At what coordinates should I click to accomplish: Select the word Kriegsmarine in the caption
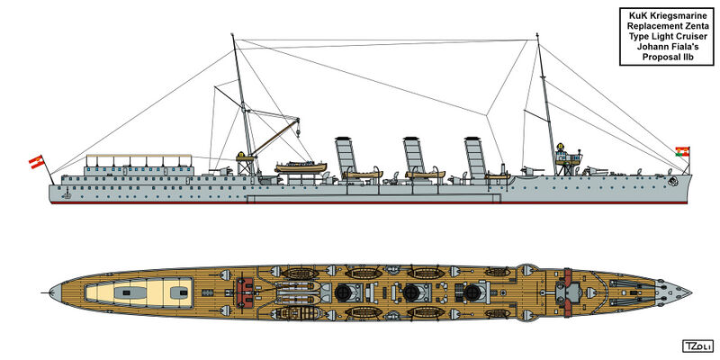[x=681, y=16]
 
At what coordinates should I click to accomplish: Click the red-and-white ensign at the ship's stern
[x=36, y=162]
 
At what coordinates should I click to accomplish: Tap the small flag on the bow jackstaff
[x=682, y=151]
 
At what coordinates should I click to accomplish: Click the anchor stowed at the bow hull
[x=673, y=182]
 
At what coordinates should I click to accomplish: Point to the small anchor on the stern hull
[x=67, y=194]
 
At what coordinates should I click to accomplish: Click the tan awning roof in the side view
[x=139, y=156]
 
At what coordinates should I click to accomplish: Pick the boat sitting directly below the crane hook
[x=301, y=167]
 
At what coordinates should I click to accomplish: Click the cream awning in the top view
[x=139, y=292]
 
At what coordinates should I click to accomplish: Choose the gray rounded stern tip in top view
[x=55, y=292]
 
